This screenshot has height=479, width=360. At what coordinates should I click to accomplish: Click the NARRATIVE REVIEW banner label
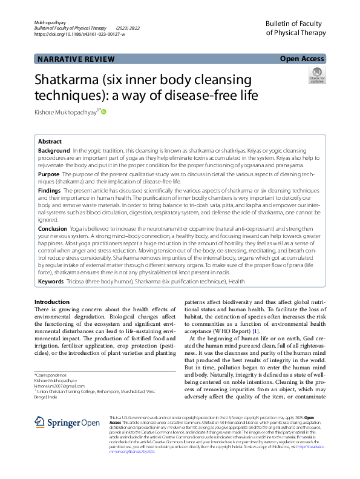pyautogui.click(x=76, y=59)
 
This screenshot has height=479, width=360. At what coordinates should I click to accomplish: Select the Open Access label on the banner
pyautogui.click(x=302, y=59)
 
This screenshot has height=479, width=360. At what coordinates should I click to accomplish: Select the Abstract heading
pyautogui.click(x=50, y=140)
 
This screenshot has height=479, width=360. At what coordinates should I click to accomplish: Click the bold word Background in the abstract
pyautogui.click(x=54, y=150)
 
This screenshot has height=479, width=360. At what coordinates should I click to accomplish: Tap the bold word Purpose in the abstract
pyautogui.click(x=49, y=174)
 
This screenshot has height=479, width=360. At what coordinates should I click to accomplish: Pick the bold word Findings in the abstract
pyautogui.click(x=50, y=190)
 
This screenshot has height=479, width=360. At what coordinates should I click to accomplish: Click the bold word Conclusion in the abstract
pyautogui.click(x=53, y=229)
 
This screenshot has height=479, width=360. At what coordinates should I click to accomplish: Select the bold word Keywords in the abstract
pyautogui.click(x=51, y=282)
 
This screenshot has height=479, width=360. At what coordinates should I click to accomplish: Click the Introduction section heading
pyautogui.click(x=52, y=302)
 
